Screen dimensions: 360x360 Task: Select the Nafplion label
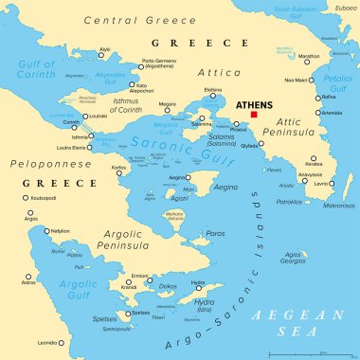pyautogui.click(x=60, y=230)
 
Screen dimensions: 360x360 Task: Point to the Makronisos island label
pyautogui.click(x=339, y=205)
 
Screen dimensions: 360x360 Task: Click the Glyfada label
pyautogui.click(x=251, y=147)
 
